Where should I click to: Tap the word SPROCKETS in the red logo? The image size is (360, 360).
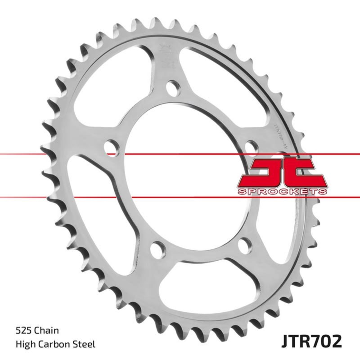[282, 192]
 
